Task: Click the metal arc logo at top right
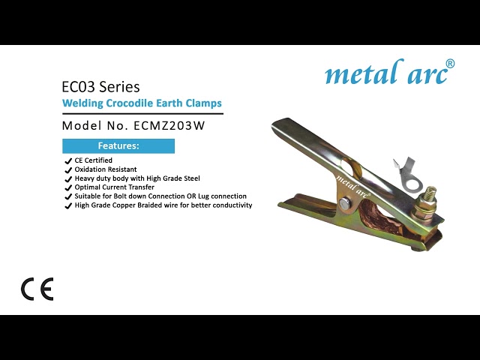(385, 73)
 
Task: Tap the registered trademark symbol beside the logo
(450, 63)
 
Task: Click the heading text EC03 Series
(100, 87)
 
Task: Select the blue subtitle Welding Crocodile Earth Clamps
(142, 103)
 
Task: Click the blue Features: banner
(118, 145)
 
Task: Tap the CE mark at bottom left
(37, 289)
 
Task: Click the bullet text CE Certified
(93, 160)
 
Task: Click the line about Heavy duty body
(136, 178)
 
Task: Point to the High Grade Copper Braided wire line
(163, 205)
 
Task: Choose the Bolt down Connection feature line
(160, 196)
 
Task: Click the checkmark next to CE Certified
(68, 160)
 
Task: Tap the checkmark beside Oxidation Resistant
(68, 169)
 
